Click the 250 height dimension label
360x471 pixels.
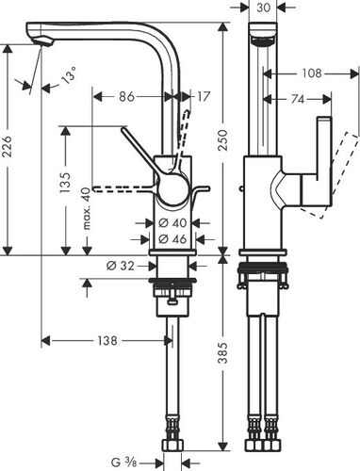(x=222, y=139)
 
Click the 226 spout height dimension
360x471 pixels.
(x=7, y=146)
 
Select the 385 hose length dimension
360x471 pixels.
(x=222, y=352)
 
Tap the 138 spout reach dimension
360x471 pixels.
(x=107, y=340)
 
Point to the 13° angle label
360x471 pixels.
(x=69, y=75)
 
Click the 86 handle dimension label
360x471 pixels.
(x=126, y=96)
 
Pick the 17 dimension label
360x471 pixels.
(x=203, y=96)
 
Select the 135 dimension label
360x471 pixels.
(x=66, y=183)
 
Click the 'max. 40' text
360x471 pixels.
(x=87, y=208)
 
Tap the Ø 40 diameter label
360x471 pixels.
(x=172, y=223)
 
